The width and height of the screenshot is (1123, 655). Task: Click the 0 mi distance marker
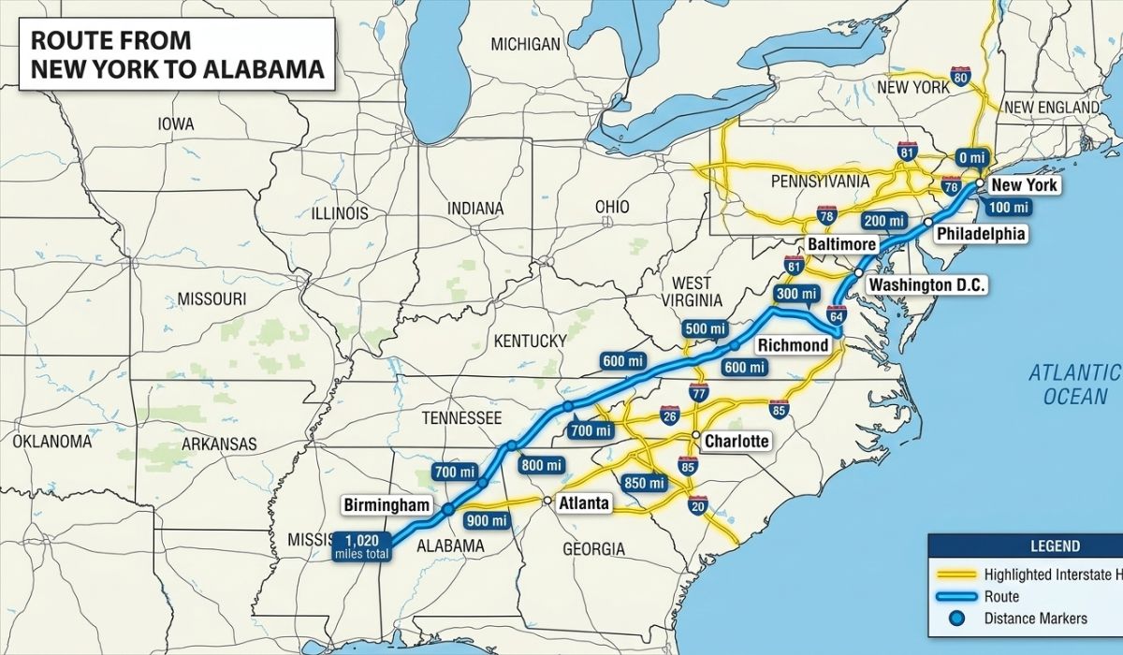tap(972, 157)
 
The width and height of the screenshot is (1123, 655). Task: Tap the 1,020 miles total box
tap(361, 546)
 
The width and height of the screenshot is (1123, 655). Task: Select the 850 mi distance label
tap(644, 483)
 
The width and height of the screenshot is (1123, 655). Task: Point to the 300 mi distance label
tap(796, 295)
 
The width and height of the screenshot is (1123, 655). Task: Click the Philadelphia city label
tap(981, 234)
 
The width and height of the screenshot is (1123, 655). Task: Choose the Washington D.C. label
tap(926, 284)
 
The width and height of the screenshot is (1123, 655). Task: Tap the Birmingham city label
tap(386, 505)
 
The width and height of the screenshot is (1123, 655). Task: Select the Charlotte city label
tap(736, 441)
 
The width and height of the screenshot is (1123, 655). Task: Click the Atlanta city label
tap(583, 503)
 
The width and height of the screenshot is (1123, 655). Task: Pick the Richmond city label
tap(793, 345)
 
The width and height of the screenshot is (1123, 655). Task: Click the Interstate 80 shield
tap(960, 79)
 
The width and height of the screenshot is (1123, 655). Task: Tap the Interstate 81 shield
tap(906, 152)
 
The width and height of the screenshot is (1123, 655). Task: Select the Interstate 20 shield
tap(697, 505)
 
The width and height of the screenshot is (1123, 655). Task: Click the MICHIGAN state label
tap(525, 44)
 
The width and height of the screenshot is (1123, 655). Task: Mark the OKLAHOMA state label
tap(51, 440)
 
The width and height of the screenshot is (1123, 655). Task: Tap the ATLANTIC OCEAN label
tap(1074, 385)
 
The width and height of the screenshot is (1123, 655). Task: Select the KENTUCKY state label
tap(530, 340)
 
